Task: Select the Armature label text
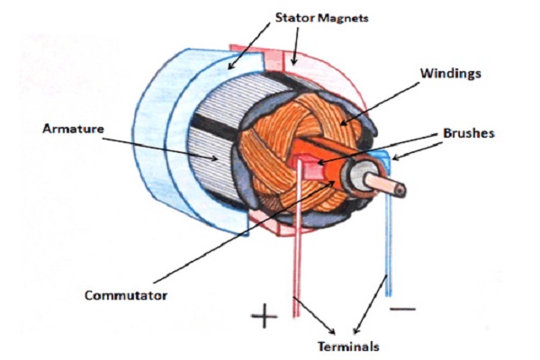pyautogui.click(x=73, y=129)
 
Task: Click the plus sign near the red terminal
pyautogui.click(x=265, y=317)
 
